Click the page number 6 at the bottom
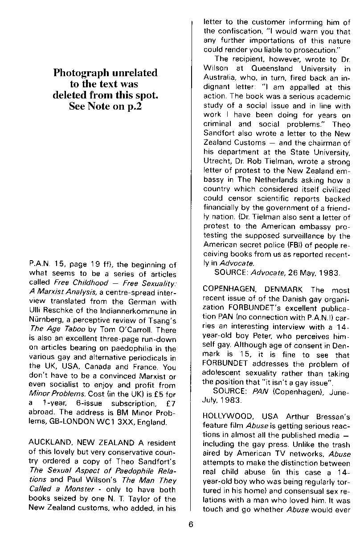(x=190, y=524)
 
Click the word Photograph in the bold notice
(x=81, y=73)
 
